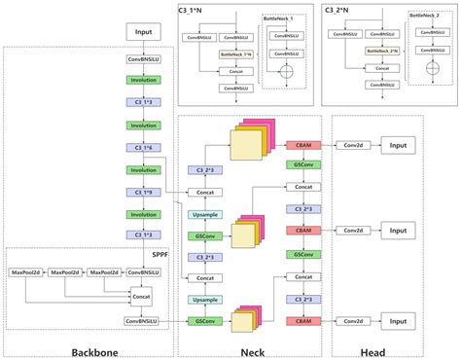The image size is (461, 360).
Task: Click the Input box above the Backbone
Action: coord(142,32)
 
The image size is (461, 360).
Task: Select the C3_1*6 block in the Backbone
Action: coord(142,148)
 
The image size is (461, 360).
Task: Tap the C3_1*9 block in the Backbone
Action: coord(142,192)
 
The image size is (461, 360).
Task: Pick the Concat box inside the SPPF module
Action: coord(142,296)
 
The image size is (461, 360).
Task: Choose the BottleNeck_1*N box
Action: coord(235,55)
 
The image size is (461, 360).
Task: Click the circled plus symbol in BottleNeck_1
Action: coord(286,73)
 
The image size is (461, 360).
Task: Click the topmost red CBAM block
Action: coord(301,144)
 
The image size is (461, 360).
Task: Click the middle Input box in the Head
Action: coord(399,231)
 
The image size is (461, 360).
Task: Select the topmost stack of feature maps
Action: coord(248,142)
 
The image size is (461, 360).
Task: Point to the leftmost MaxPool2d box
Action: coord(27,272)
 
